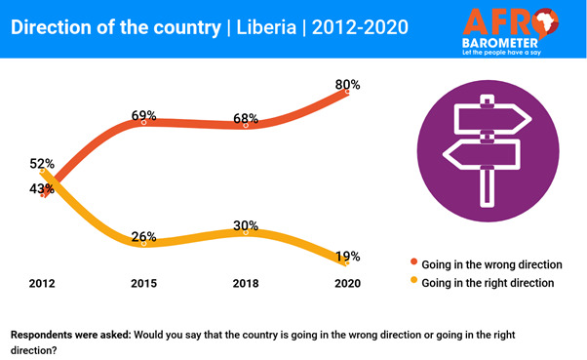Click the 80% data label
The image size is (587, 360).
[x=347, y=85]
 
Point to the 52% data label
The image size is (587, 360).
[x=42, y=164]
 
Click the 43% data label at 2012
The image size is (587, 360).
[x=42, y=188]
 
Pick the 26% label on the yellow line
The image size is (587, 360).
[x=144, y=237]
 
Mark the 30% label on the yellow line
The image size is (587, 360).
[x=247, y=224]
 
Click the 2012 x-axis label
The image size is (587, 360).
[x=43, y=283]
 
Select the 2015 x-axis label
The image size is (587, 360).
[x=144, y=283]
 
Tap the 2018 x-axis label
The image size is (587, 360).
[x=247, y=283]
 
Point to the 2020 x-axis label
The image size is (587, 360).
[x=347, y=283]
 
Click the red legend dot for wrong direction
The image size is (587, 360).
[x=413, y=263]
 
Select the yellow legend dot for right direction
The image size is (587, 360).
[x=413, y=283]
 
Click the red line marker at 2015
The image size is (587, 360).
[x=144, y=123]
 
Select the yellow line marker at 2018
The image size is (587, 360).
[x=247, y=231]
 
